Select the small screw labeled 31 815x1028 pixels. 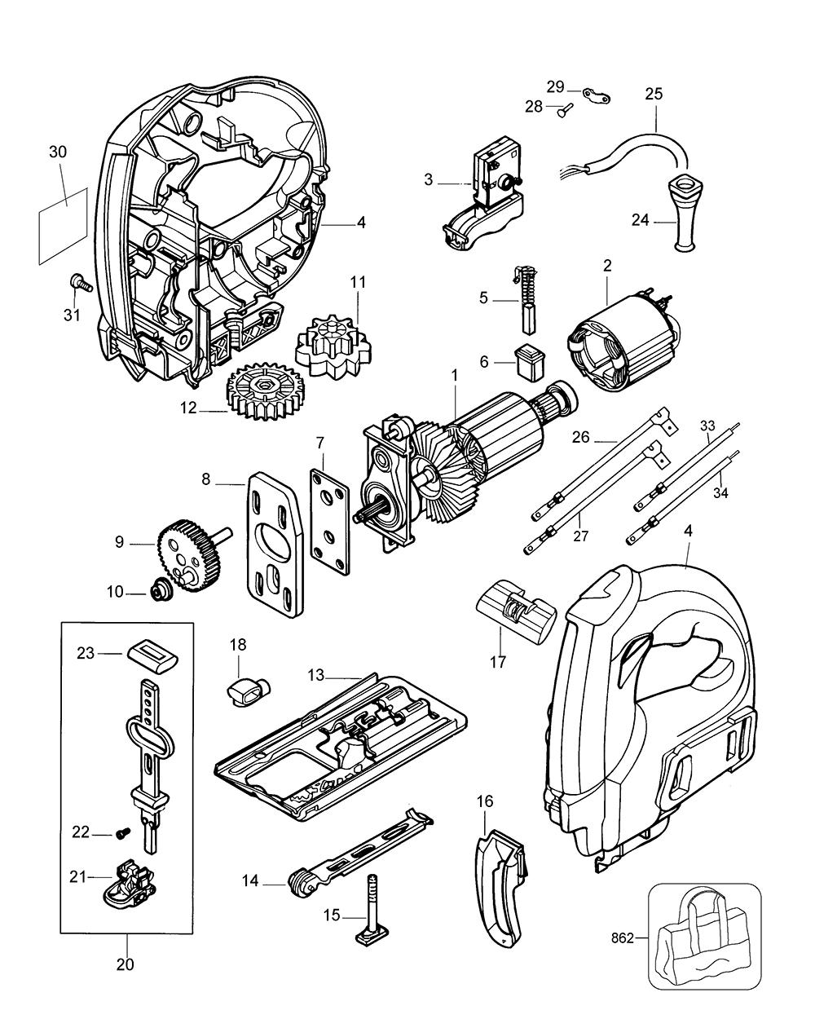(x=81, y=282)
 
